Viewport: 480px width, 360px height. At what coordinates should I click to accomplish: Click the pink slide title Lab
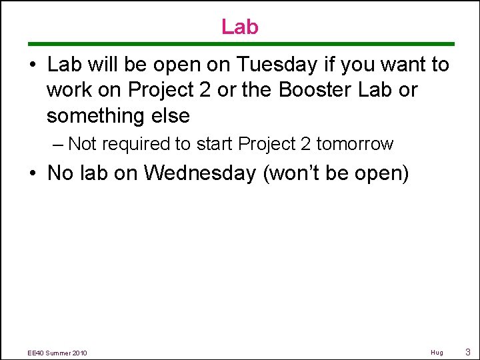click(x=239, y=27)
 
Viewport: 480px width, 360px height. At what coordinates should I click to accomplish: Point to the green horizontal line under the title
click(x=239, y=44)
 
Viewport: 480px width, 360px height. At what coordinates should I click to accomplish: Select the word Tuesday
click(x=275, y=65)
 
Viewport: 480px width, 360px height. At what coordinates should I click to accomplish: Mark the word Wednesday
click(x=200, y=173)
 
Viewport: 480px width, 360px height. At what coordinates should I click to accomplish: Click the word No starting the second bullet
click(x=60, y=173)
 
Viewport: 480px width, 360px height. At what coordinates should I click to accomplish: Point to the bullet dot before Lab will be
click(x=33, y=66)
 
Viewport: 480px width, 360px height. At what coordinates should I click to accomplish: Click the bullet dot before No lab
click(x=33, y=174)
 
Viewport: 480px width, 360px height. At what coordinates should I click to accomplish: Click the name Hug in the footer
click(x=437, y=353)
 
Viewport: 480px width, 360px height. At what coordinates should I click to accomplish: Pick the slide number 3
click(x=468, y=352)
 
